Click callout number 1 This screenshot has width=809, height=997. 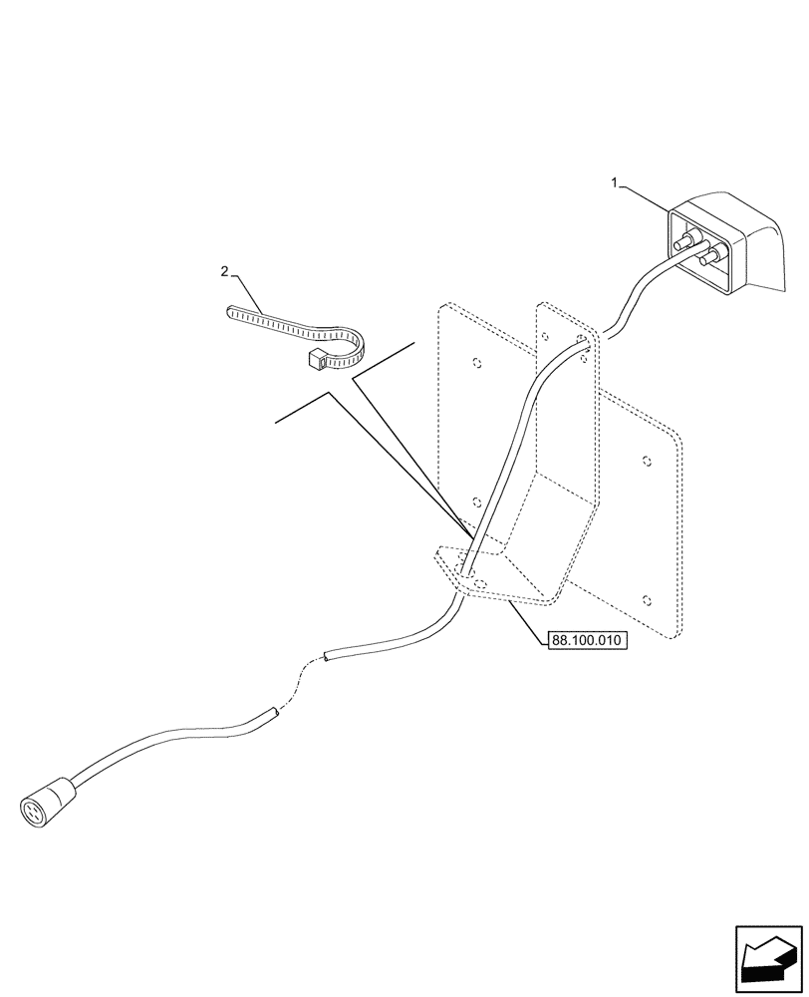pyautogui.click(x=616, y=182)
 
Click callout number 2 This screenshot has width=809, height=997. pyautogui.click(x=224, y=271)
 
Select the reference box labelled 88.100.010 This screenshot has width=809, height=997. pyautogui.click(x=587, y=642)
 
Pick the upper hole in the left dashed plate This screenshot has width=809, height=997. pyautogui.click(x=476, y=362)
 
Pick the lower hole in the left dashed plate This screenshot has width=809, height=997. pyautogui.click(x=475, y=502)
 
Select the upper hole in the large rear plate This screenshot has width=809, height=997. pyautogui.click(x=647, y=462)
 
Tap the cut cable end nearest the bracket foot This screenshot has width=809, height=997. pyautogui.click(x=329, y=657)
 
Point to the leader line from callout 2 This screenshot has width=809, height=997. pyautogui.click(x=249, y=289)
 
